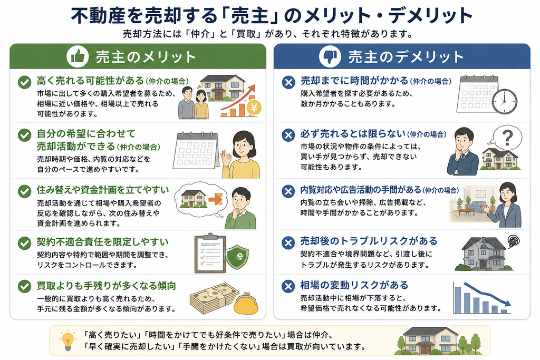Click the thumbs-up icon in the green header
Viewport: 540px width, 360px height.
point(78,56)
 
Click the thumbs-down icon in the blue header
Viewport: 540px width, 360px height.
point(330,56)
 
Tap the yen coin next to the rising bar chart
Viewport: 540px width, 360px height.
point(254,108)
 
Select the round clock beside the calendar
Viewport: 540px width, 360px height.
point(505,102)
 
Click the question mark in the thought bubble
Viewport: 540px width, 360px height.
point(507,138)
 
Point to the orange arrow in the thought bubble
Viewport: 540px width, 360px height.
point(216,199)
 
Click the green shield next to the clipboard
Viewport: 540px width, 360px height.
point(237,257)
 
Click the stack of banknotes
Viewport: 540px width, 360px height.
point(214,297)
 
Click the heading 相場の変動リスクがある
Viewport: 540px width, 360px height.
point(354,285)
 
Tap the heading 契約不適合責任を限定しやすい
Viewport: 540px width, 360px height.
point(103,242)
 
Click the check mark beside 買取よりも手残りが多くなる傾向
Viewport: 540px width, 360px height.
point(24,286)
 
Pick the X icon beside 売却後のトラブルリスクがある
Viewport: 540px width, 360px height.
point(288,243)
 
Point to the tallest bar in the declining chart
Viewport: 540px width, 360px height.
point(458,299)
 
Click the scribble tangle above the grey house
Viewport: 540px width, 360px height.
point(513,241)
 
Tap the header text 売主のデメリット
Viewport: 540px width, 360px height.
point(406,57)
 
